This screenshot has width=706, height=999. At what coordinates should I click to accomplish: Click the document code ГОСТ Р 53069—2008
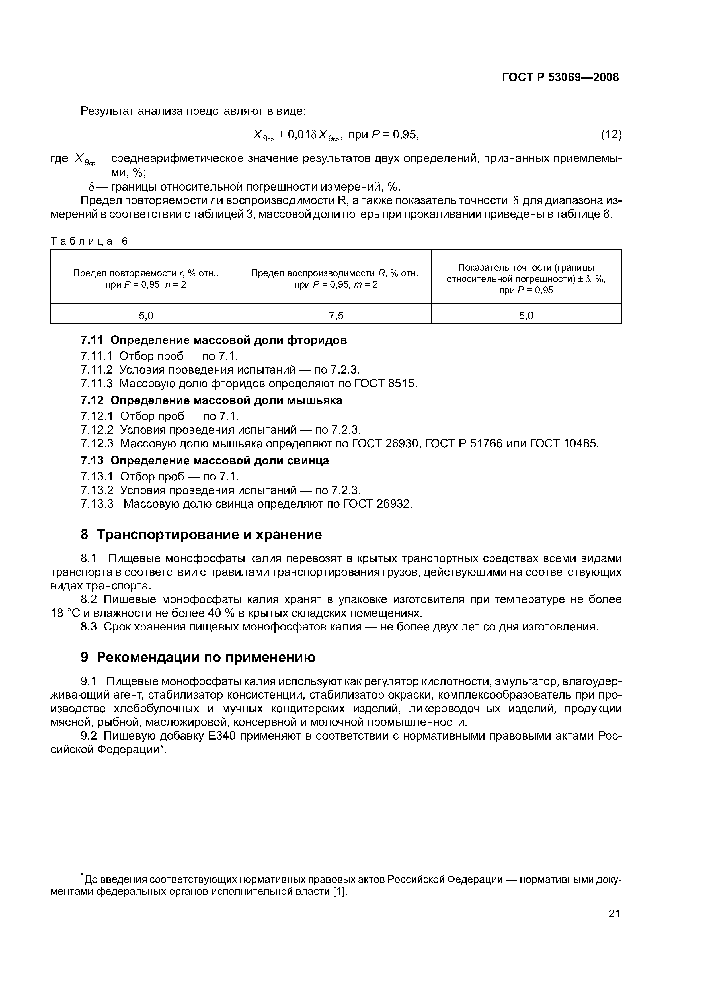[560, 77]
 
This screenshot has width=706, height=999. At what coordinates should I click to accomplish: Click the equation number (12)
[611, 135]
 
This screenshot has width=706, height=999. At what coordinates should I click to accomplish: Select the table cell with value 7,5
[336, 316]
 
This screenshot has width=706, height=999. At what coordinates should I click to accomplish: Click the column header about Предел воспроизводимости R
[336, 279]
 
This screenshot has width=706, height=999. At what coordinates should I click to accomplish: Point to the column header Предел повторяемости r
[146, 279]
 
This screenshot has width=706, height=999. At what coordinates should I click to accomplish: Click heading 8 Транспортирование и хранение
[201, 534]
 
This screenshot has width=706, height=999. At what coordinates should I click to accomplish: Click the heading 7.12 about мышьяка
[212, 400]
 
